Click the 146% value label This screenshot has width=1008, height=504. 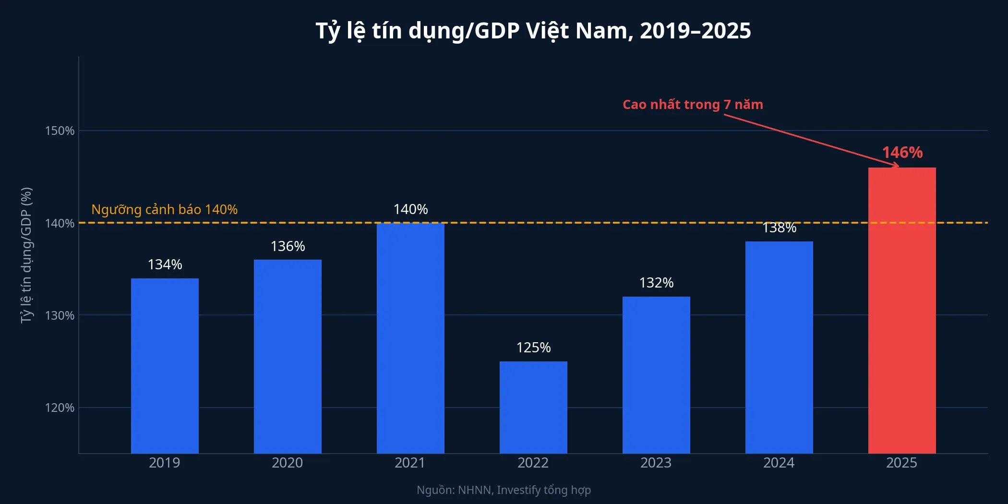coord(902,153)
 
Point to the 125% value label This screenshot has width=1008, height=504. coord(533,348)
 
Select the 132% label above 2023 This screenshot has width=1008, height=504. coord(656,283)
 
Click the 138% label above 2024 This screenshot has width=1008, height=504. coord(779,228)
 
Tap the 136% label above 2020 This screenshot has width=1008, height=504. coord(288,246)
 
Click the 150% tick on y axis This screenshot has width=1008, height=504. coord(60,131)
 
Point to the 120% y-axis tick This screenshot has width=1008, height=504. coord(60,408)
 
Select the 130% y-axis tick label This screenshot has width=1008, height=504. coord(60,315)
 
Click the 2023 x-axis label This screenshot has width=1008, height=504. coord(656,463)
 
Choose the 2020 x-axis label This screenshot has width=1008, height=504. coord(287,463)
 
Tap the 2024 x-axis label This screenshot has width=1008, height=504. coord(779,463)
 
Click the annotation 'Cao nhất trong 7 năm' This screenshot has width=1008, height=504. coord(693,105)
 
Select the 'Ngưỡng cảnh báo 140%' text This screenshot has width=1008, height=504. coord(164,210)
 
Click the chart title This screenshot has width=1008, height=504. coord(533,31)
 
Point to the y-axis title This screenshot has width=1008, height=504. coord(26,255)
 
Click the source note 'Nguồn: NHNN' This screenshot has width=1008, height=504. coord(504,490)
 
